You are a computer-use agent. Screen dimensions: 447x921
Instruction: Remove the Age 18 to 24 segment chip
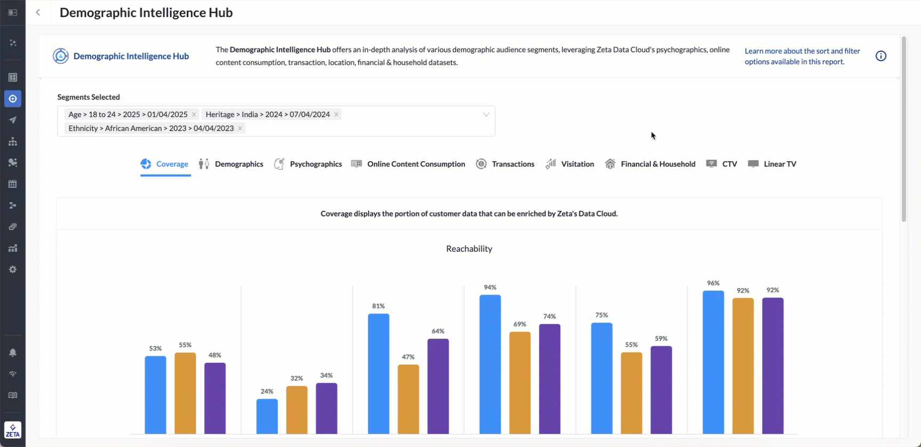click(x=194, y=115)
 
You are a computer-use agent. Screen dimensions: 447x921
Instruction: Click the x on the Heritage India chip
click(x=336, y=115)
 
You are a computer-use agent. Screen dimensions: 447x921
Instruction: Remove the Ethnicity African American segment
click(x=240, y=129)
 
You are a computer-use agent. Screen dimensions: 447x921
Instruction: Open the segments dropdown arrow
click(x=486, y=115)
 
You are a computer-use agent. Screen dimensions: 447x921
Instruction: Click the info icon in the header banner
click(x=880, y=56)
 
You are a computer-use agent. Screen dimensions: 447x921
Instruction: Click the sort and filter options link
click(x=802, y=56)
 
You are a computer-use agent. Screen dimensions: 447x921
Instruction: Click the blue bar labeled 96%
click(x=713, y=363)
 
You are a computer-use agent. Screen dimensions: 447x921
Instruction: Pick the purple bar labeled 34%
click(x=326, y=408)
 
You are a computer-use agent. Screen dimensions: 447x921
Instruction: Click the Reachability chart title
click(x=469, y=249)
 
